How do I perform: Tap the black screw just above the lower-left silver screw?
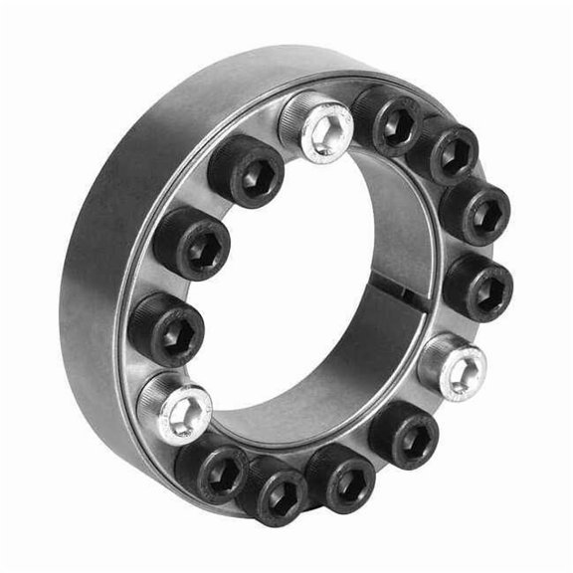[x=166, y=329]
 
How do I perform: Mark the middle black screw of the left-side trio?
[x=191, y=243]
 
